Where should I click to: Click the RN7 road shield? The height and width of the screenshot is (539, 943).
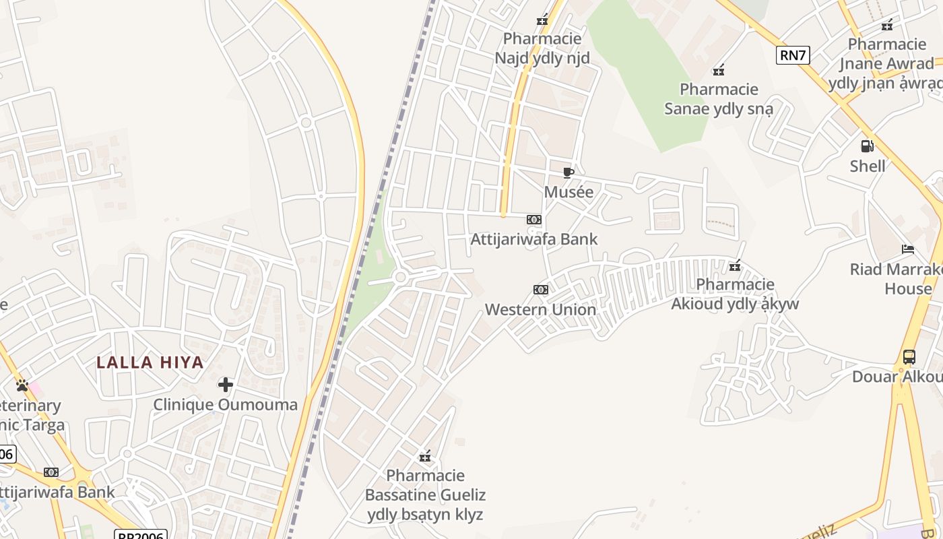(793, 55)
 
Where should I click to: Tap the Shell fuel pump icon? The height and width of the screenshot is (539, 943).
(867, 146)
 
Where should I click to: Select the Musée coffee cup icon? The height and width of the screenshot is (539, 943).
(568, 172)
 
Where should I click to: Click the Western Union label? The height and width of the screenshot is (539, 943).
(540, 309)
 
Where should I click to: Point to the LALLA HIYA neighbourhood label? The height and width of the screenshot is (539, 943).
(150, 362)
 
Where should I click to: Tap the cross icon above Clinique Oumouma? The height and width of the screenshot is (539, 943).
(226, 385)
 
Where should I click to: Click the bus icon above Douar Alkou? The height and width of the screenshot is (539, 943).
(909, 357)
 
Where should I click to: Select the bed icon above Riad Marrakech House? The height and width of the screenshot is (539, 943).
(908, 249)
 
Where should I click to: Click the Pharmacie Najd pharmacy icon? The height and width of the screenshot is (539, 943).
(542, 20)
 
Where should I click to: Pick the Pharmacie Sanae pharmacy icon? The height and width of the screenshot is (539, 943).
(719, 69)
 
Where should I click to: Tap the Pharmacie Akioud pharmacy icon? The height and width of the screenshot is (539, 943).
(735, 265)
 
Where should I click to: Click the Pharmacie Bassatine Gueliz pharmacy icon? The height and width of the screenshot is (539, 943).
(425, 456)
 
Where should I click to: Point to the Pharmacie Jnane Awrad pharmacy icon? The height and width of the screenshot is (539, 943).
(887, 25)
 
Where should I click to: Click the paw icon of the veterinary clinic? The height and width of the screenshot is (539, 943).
(22, 385)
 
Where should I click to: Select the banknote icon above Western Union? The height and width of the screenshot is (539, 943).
(540, 290)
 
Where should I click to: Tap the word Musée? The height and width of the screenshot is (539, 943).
(568, 192)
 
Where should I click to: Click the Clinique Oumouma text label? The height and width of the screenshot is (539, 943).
(225, 404)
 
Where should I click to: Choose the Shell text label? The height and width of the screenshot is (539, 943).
(867, 166)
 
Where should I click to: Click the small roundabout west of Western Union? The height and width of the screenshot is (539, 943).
(400, 277)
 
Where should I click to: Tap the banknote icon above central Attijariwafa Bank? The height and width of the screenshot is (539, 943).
(533, 220)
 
